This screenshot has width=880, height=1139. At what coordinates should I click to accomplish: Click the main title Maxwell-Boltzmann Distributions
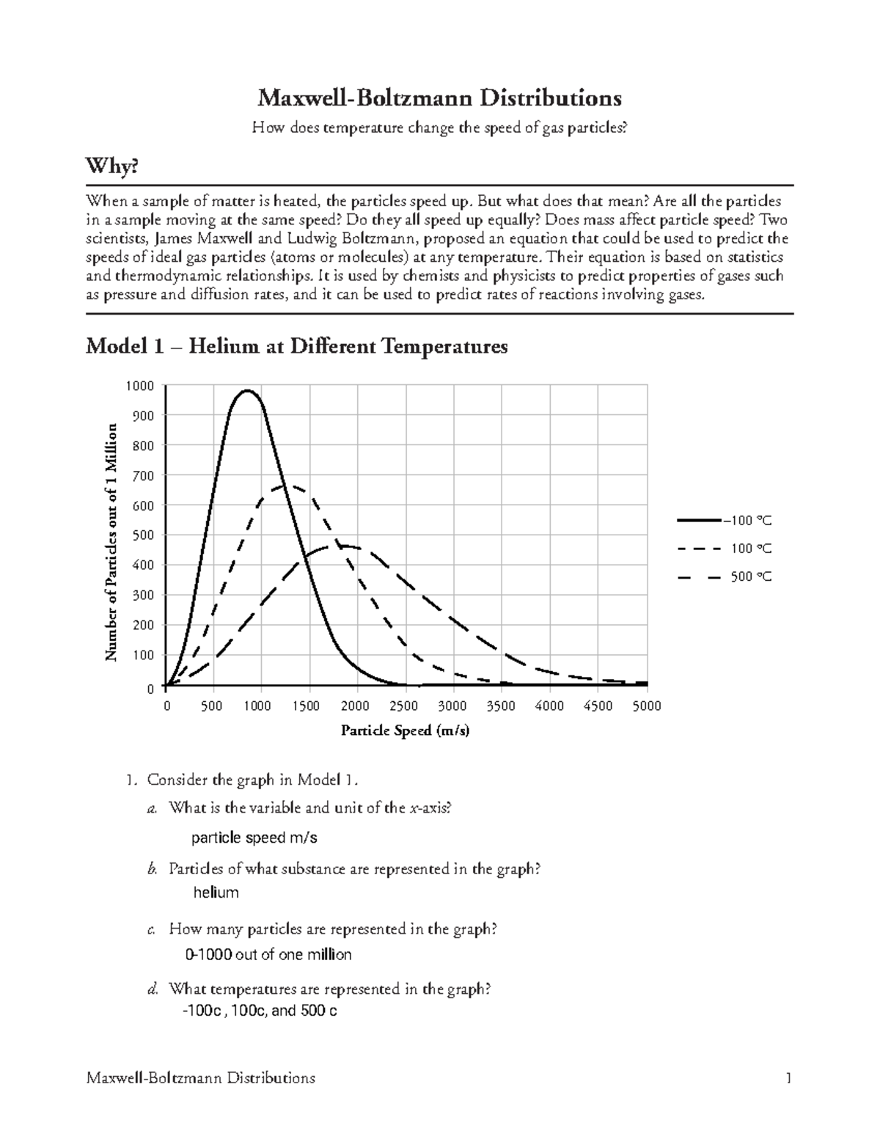click(439, 98)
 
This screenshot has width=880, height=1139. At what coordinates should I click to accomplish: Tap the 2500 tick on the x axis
click(404, 706)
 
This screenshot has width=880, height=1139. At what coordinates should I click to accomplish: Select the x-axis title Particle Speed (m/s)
click(405, 731)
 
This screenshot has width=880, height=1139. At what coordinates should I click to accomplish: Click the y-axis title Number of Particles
click(111, 542)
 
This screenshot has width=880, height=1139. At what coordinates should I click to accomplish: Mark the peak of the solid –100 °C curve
click(248, 390)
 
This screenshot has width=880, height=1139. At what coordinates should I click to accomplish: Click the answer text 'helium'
click(216, 893)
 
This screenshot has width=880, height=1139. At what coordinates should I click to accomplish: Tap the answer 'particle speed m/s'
click(254, 838)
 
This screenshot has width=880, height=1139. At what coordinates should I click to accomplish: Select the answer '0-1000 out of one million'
click(268, 955)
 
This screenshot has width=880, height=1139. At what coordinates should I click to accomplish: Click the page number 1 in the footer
click(788, 1078)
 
